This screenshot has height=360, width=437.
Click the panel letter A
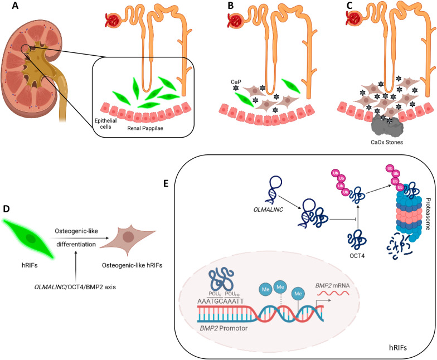15,6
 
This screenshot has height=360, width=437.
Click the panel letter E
166,183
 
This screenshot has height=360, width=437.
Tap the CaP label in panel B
236,82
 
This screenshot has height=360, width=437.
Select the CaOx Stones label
387,142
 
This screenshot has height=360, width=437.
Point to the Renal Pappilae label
145,128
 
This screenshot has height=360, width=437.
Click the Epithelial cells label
106,124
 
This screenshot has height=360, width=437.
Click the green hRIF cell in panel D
28,239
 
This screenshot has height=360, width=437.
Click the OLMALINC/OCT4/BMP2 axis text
75,286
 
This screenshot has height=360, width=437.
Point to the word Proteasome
428,214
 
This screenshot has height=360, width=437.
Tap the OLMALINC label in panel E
268,210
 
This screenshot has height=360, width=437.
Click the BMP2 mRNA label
332,285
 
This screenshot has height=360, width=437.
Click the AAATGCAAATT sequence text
221,301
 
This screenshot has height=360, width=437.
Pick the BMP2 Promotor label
224,328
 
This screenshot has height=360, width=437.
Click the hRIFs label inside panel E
398,348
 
